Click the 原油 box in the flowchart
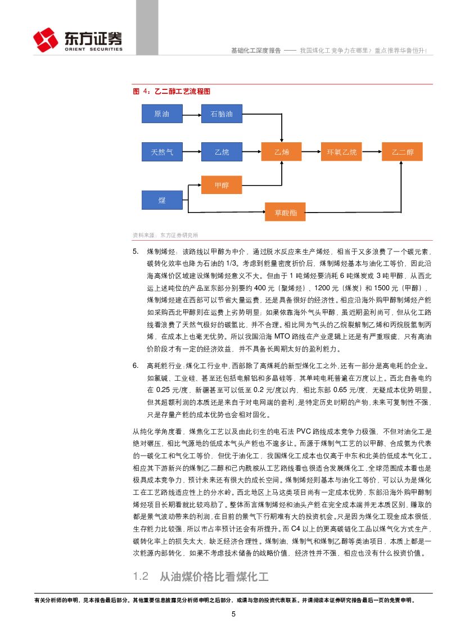[161, 114]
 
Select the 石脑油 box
[222, 114]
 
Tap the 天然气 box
[161, 152]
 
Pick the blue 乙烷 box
[222, 152]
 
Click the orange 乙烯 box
[281, 152]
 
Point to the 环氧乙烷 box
[342, 152]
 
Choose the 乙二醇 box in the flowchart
[402, 152]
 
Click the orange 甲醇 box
[222, 184]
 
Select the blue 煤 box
[161, 200]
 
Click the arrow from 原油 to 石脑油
[191, 114]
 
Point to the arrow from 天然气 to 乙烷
[191, 152]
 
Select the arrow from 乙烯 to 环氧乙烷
[311, 152]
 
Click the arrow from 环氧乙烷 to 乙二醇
[372, 152]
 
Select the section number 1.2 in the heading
[141, 576]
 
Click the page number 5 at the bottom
[233, 614]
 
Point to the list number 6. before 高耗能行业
[136, 366]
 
